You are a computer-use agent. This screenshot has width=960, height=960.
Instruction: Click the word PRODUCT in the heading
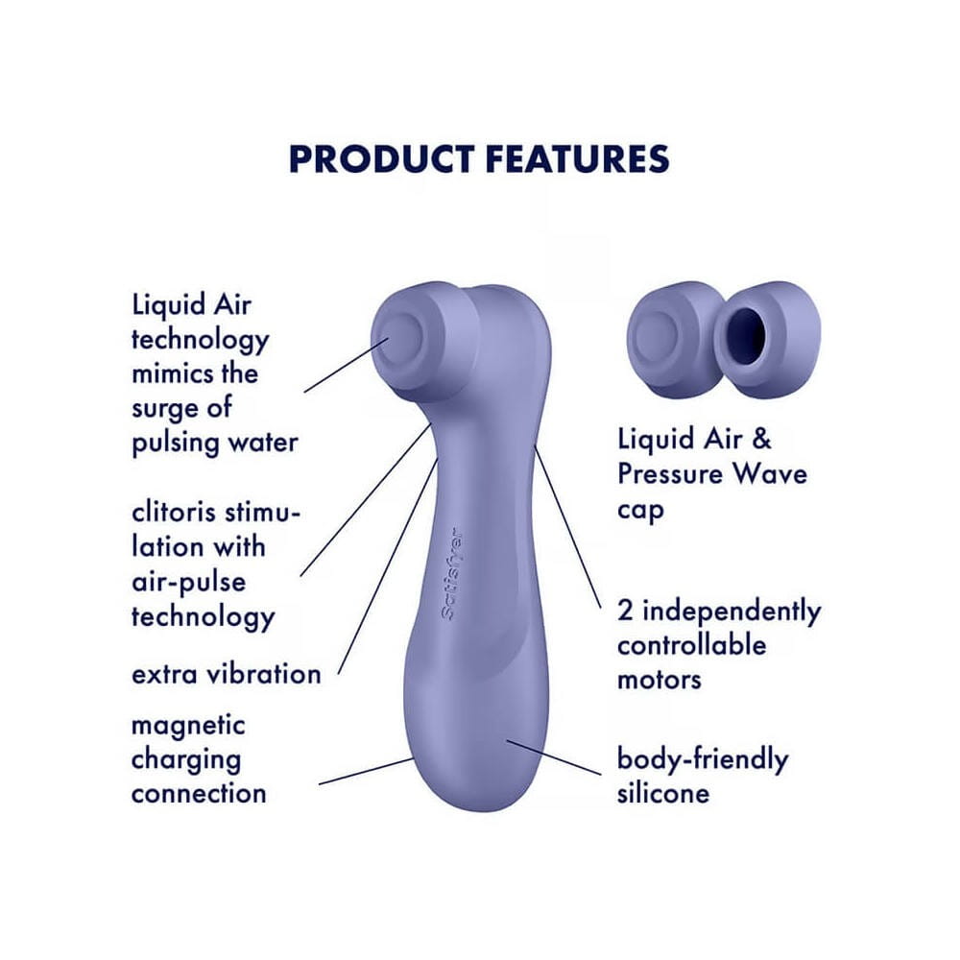381,158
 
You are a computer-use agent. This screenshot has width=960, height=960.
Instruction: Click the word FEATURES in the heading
577,158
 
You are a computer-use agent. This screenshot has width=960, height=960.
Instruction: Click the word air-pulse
188,583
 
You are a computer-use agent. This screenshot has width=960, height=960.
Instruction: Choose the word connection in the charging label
199,794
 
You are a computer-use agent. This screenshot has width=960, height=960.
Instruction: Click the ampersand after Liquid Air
760,439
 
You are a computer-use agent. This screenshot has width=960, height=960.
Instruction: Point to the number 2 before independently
625,611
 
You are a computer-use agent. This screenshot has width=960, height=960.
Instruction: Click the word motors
660,680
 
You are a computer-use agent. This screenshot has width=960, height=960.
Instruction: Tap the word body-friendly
703,760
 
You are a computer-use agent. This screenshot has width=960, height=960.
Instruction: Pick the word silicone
663,794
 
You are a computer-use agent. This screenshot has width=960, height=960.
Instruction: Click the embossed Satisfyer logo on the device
452,574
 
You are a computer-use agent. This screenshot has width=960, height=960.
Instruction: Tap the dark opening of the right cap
750,327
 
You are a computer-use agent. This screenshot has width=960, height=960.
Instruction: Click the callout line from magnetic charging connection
366,772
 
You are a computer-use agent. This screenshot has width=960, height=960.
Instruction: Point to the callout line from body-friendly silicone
554,757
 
